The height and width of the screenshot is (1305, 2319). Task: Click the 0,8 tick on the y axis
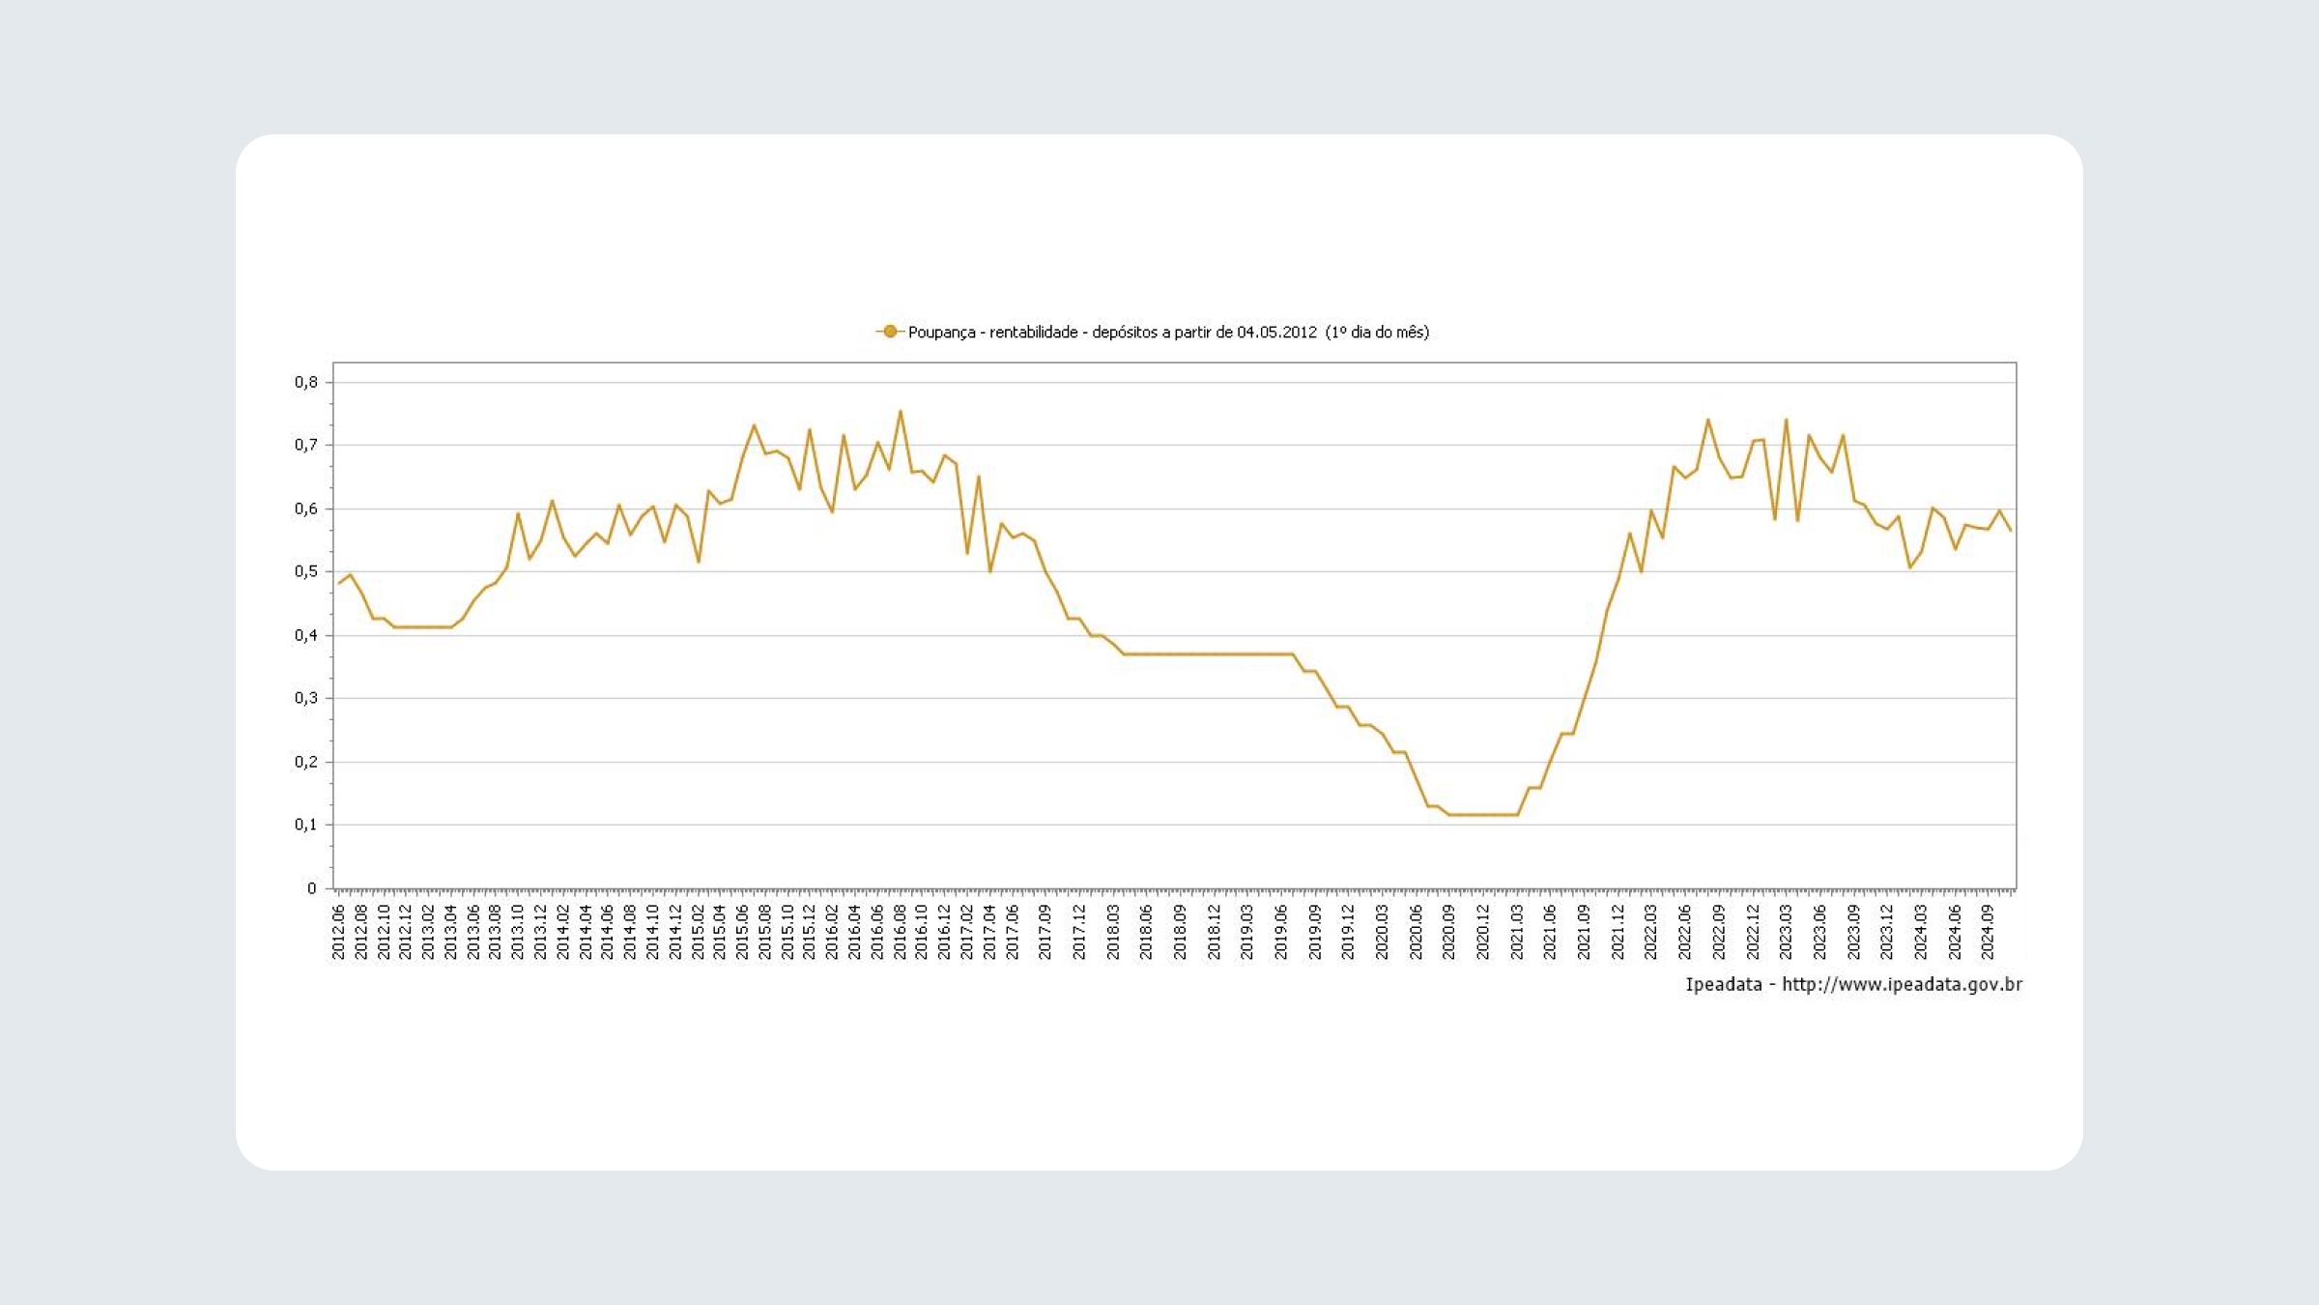(x=306, y=382)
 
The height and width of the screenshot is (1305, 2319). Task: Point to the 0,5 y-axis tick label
(x=306, y=571)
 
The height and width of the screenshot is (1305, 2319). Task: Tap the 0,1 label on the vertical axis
(x=306, y=825)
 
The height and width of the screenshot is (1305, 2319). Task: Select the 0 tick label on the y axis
(x=311, y=888)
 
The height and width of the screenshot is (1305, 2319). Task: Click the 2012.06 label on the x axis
(x=338, y=932)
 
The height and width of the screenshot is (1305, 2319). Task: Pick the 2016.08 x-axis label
(x=900, y=932)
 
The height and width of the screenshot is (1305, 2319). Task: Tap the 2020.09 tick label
(x=1448, y=932)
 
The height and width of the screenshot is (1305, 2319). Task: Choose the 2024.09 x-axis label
(x=1988, y=932)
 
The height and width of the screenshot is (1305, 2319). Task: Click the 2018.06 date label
(x=1146, y=932)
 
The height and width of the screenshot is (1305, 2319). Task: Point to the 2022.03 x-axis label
(x=1650, y=932)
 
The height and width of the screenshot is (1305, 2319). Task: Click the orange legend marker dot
(x=889, y=332)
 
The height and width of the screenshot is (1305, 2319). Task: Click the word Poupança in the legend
(x=941, y=333)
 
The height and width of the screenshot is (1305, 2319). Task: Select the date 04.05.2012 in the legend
(x=1276, y=333)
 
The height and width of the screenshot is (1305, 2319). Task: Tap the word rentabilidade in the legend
(x=1033, y=333)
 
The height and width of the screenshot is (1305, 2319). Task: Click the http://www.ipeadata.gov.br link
(x=1902, y=984)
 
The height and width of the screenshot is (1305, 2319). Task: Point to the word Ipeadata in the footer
(x=1724, y=984)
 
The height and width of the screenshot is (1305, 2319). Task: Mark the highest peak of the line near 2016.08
(x=901, y=411)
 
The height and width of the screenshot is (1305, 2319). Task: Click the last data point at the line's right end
(x=2011, y=531)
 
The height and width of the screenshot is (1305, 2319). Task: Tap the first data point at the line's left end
(x=338, y=583)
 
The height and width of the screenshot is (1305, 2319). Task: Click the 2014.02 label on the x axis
(x=563, y=932)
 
